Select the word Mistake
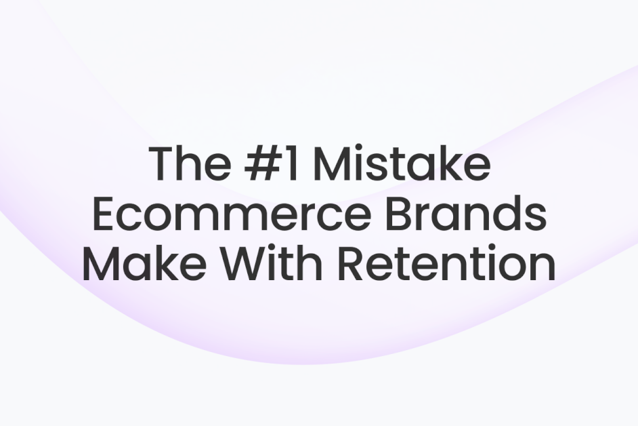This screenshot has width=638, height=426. pos(400,164)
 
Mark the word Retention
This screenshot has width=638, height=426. pos(447,265)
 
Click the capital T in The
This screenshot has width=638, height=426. pos(163,164)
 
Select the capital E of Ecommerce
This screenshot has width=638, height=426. pos(103,215)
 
